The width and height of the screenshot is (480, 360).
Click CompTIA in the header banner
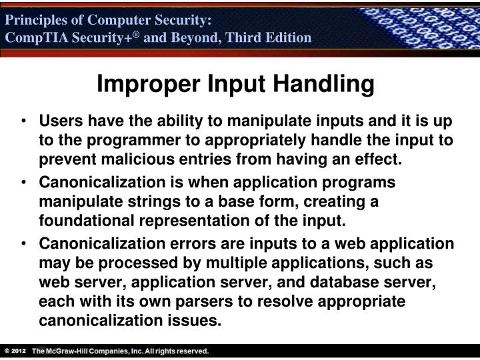pyautogui.click(x=32, y=37)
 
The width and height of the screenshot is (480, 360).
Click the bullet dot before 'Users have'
pyautogui.click(x=25, y=122)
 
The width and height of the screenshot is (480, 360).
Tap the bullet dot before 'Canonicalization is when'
pyautogui.click(x=25, y=183)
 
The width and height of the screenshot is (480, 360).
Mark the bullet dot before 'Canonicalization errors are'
pyautogui.click(x=25, y=243)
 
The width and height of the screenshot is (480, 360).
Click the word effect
pyautogui.click(x=381, y=159)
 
